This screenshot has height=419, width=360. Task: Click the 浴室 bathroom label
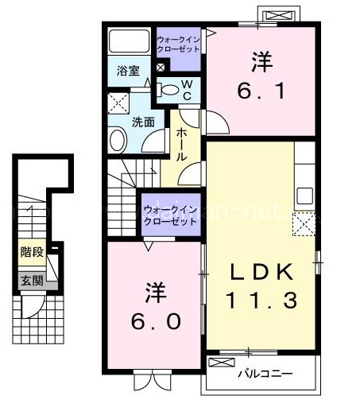pyautogui.click(x=127, y=71)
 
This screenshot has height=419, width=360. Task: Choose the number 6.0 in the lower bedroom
pyautogui.click(x=155, y=322)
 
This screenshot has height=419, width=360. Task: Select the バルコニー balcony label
pyautogui.click(x=266, y=373)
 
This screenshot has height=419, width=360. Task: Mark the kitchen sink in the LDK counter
pyautogui.click(x=304, y=195)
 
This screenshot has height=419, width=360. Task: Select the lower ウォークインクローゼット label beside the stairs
pyautogui.click(x=169, y=215)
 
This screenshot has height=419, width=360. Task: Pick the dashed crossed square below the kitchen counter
pyautogui.click(x=304, y=225)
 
